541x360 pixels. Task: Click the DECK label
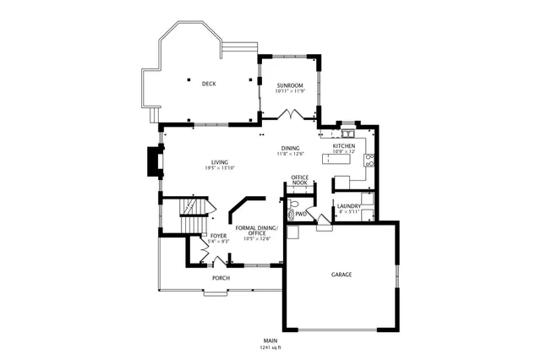pyautogui.click(x=208, y=83)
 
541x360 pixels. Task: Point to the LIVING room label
pyautogui.click(x=220, y=162)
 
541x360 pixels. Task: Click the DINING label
pyautogui.click(x=290, y=149)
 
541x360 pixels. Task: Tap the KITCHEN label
pyautogui.click(x=342, y=146)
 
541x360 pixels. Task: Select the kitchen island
pyautogui.click(x=342, y=160)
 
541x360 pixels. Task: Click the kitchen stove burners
pyautogui.click(x=369, y=157)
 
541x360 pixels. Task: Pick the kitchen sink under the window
pyautogui.click(x=347, y=133)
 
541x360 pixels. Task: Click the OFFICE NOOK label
pyautogui.click(x=299, y=180)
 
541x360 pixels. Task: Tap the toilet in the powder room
pyautogui.click(x=292, y=204)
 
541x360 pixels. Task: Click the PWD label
pyautogui.click(x=301, y=214)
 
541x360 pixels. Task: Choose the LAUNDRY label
pyautogui.click(x=349, y=206)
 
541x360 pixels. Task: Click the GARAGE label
pyautogui.click(x=342, y=275)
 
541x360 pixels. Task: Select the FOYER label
pyautogui.click(x=218, y=236)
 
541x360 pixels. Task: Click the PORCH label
pyautogui.click(x=221, y=278)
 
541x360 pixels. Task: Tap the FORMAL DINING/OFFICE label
pyautogui.click(x=256, y=231)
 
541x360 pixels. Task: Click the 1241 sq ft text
pyautogui.click(x=270, y=347)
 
